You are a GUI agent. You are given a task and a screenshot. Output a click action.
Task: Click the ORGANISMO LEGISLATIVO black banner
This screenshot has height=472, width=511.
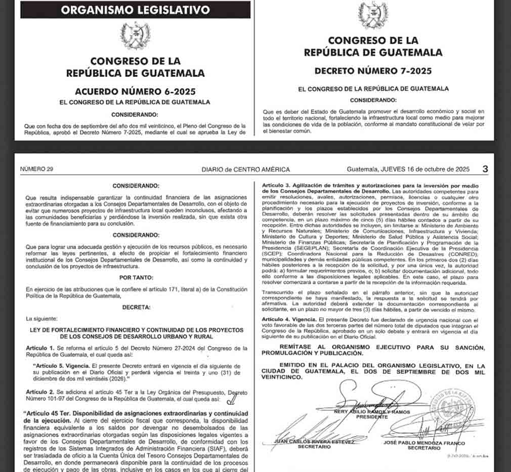[x=135, y=10]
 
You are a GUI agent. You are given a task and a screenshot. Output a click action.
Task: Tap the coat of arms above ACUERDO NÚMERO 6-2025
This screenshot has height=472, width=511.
[x=135, y=35]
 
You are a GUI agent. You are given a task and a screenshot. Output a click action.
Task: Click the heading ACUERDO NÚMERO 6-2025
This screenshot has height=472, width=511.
[x=135, y=92]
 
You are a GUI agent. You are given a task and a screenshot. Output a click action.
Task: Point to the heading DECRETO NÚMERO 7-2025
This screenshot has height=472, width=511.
[x=373, y=71]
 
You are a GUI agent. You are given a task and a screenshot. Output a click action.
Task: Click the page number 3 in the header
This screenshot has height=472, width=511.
[x=485, y=169]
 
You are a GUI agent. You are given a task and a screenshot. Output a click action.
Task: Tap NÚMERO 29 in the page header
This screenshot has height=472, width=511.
[x=36, y=169]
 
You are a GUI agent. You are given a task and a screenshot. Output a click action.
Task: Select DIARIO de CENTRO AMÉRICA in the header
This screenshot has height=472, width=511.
[x=245, y=169]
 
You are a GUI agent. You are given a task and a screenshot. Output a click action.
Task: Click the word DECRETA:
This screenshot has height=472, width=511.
[x=136, y=307]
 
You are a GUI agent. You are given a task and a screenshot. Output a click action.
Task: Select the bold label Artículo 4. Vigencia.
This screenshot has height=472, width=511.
[x=289, y=320]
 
